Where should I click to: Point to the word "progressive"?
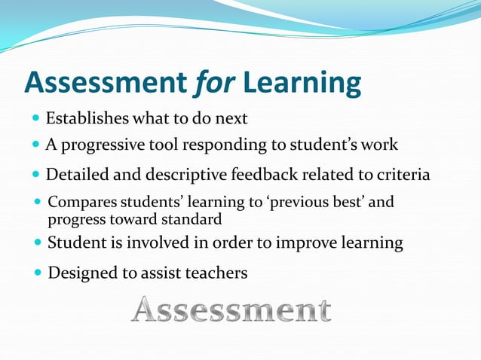(100, 145)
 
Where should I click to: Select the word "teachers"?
(215, 273)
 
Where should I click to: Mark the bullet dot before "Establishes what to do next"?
(36, 119)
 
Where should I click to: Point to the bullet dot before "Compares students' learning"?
(38, 203)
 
